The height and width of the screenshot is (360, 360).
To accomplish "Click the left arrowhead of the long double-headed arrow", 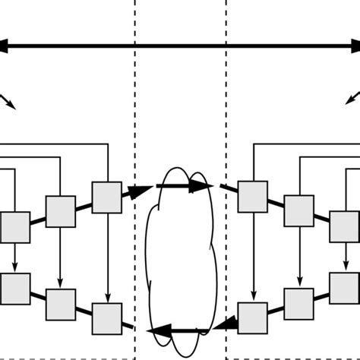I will point(5,46).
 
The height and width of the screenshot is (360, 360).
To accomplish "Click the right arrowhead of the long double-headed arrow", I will point(355,46).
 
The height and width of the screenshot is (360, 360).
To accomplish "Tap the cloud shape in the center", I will point(182,258).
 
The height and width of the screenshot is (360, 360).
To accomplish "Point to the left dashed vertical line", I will point(135,114).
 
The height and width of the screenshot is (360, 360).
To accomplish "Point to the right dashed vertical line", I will point(226,114).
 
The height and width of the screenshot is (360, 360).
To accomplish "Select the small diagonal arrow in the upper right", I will point(353,97).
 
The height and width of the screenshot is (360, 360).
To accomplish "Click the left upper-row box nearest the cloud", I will point(106,197).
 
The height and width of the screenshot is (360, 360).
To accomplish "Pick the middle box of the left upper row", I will point(61,211).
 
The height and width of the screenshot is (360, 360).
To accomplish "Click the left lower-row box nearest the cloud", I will point(106,318).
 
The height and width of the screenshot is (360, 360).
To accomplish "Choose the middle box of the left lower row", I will point(61,304).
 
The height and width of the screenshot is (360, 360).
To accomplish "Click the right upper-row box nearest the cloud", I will point(252,197).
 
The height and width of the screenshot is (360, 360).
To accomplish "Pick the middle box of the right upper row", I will point(299,211).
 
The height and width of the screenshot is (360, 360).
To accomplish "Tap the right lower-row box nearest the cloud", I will point(252,317).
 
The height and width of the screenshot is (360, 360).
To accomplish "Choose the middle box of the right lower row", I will point(299,303).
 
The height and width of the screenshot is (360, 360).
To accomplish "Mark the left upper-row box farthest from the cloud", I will point(14,227).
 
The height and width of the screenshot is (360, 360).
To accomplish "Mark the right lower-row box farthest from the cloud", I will point(344,288).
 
